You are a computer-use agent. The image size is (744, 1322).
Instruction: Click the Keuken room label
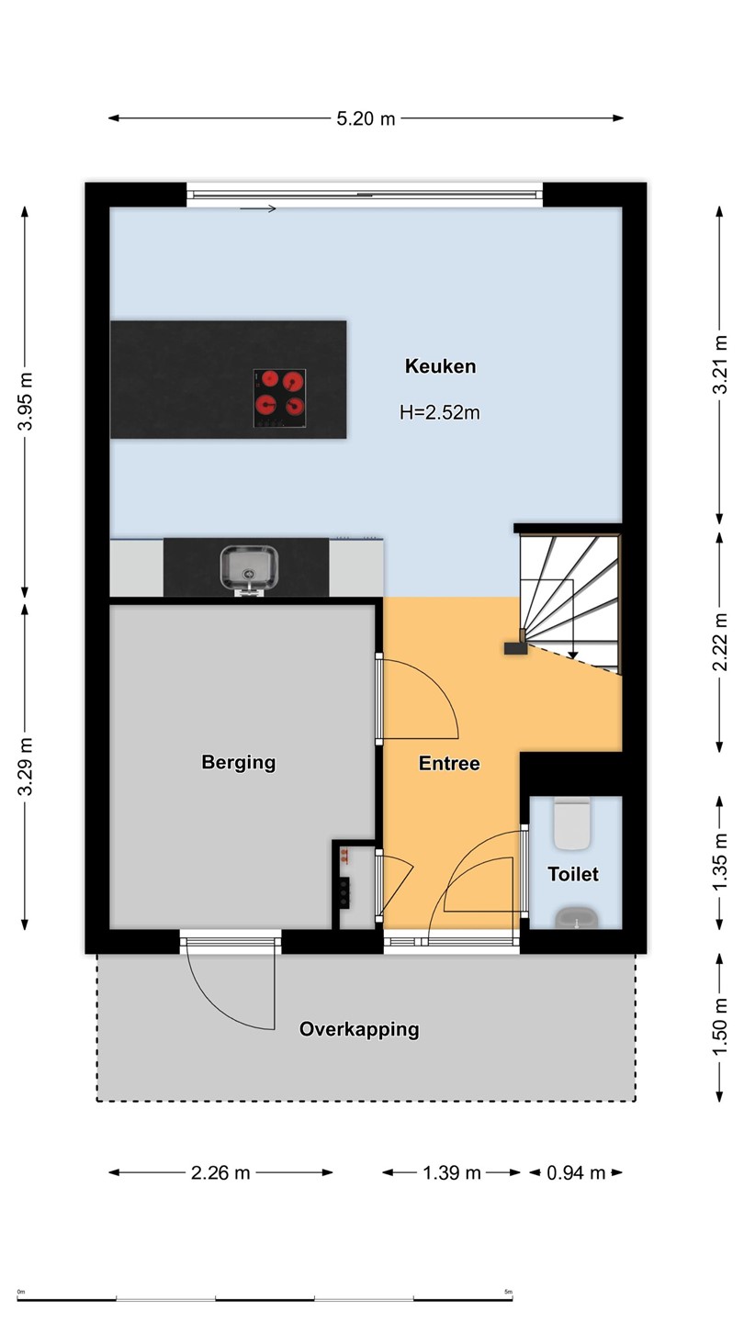click(440, 366)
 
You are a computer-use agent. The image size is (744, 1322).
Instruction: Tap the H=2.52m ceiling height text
click(440, 412)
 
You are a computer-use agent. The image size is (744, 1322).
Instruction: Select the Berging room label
click(239, 763)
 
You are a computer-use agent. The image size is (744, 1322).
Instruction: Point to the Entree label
click(449, 764)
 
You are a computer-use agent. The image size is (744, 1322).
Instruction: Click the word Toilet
click(573, 874)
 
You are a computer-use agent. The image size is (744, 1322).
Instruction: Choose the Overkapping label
click(359, 1029)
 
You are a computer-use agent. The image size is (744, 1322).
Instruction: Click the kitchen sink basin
click(249, 567)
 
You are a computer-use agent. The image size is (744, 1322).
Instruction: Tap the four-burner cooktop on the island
click(279, 398)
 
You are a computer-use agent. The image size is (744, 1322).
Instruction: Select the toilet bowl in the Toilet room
click(572, 823)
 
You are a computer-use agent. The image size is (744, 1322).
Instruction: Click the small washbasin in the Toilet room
click(577, 918)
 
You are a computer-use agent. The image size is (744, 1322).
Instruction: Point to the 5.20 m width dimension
click(366, 118)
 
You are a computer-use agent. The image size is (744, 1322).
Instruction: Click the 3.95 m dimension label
click(26, 401)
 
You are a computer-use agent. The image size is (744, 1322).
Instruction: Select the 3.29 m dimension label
click(26, 767)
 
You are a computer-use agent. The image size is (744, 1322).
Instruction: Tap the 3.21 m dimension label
click(720, 364)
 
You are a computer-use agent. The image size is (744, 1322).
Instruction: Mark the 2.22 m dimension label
click(720, 642)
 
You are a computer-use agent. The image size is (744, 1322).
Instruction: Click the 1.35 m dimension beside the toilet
click(720, 863)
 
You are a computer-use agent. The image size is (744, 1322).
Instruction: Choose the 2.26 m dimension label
click(220, 1172)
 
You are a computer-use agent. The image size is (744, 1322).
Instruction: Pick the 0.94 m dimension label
click(576, 1172)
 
